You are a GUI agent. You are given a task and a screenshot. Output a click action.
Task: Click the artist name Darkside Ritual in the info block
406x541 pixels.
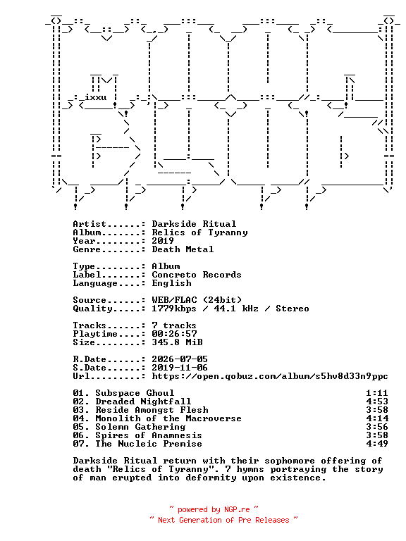click(194, 224)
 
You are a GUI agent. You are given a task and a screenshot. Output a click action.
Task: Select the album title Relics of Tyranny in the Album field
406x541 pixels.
click(200, 232)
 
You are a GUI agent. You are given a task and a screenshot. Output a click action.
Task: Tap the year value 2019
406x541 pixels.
click(163, 241)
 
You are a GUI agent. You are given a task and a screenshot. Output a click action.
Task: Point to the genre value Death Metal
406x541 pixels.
click(183, 249)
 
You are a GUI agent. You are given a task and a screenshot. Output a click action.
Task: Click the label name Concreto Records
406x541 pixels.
click(197, 275)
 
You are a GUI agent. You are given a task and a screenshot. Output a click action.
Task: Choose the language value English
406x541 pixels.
click(171, 283)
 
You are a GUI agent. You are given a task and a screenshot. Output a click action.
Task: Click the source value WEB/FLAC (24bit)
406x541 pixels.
click(197, 300)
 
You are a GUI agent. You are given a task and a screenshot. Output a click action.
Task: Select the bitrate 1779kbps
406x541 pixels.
click(174, 309)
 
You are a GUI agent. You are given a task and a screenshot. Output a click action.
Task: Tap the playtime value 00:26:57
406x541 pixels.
click(174, 334)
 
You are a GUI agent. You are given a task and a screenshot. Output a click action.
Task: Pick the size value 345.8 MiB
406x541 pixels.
click(177, 342)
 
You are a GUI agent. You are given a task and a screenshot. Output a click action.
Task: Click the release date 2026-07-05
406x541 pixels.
click(180, 359)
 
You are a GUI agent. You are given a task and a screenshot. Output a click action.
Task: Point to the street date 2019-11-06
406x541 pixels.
click(180, 368)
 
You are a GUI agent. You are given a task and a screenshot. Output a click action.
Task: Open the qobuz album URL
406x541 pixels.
click(270, 376)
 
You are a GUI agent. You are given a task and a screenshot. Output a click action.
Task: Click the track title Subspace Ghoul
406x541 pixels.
click(135, 393)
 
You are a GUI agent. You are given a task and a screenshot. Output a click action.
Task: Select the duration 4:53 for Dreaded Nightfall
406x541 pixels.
click(377, 402)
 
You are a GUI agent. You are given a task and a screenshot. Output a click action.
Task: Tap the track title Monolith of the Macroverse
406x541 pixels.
click(168, 418)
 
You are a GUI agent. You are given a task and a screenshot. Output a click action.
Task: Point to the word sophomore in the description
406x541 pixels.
click(290, 461)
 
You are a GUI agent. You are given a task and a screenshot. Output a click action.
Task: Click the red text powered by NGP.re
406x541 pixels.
click(214, 509)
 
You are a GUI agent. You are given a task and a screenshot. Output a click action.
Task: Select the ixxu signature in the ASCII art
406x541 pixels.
click(96, 97)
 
